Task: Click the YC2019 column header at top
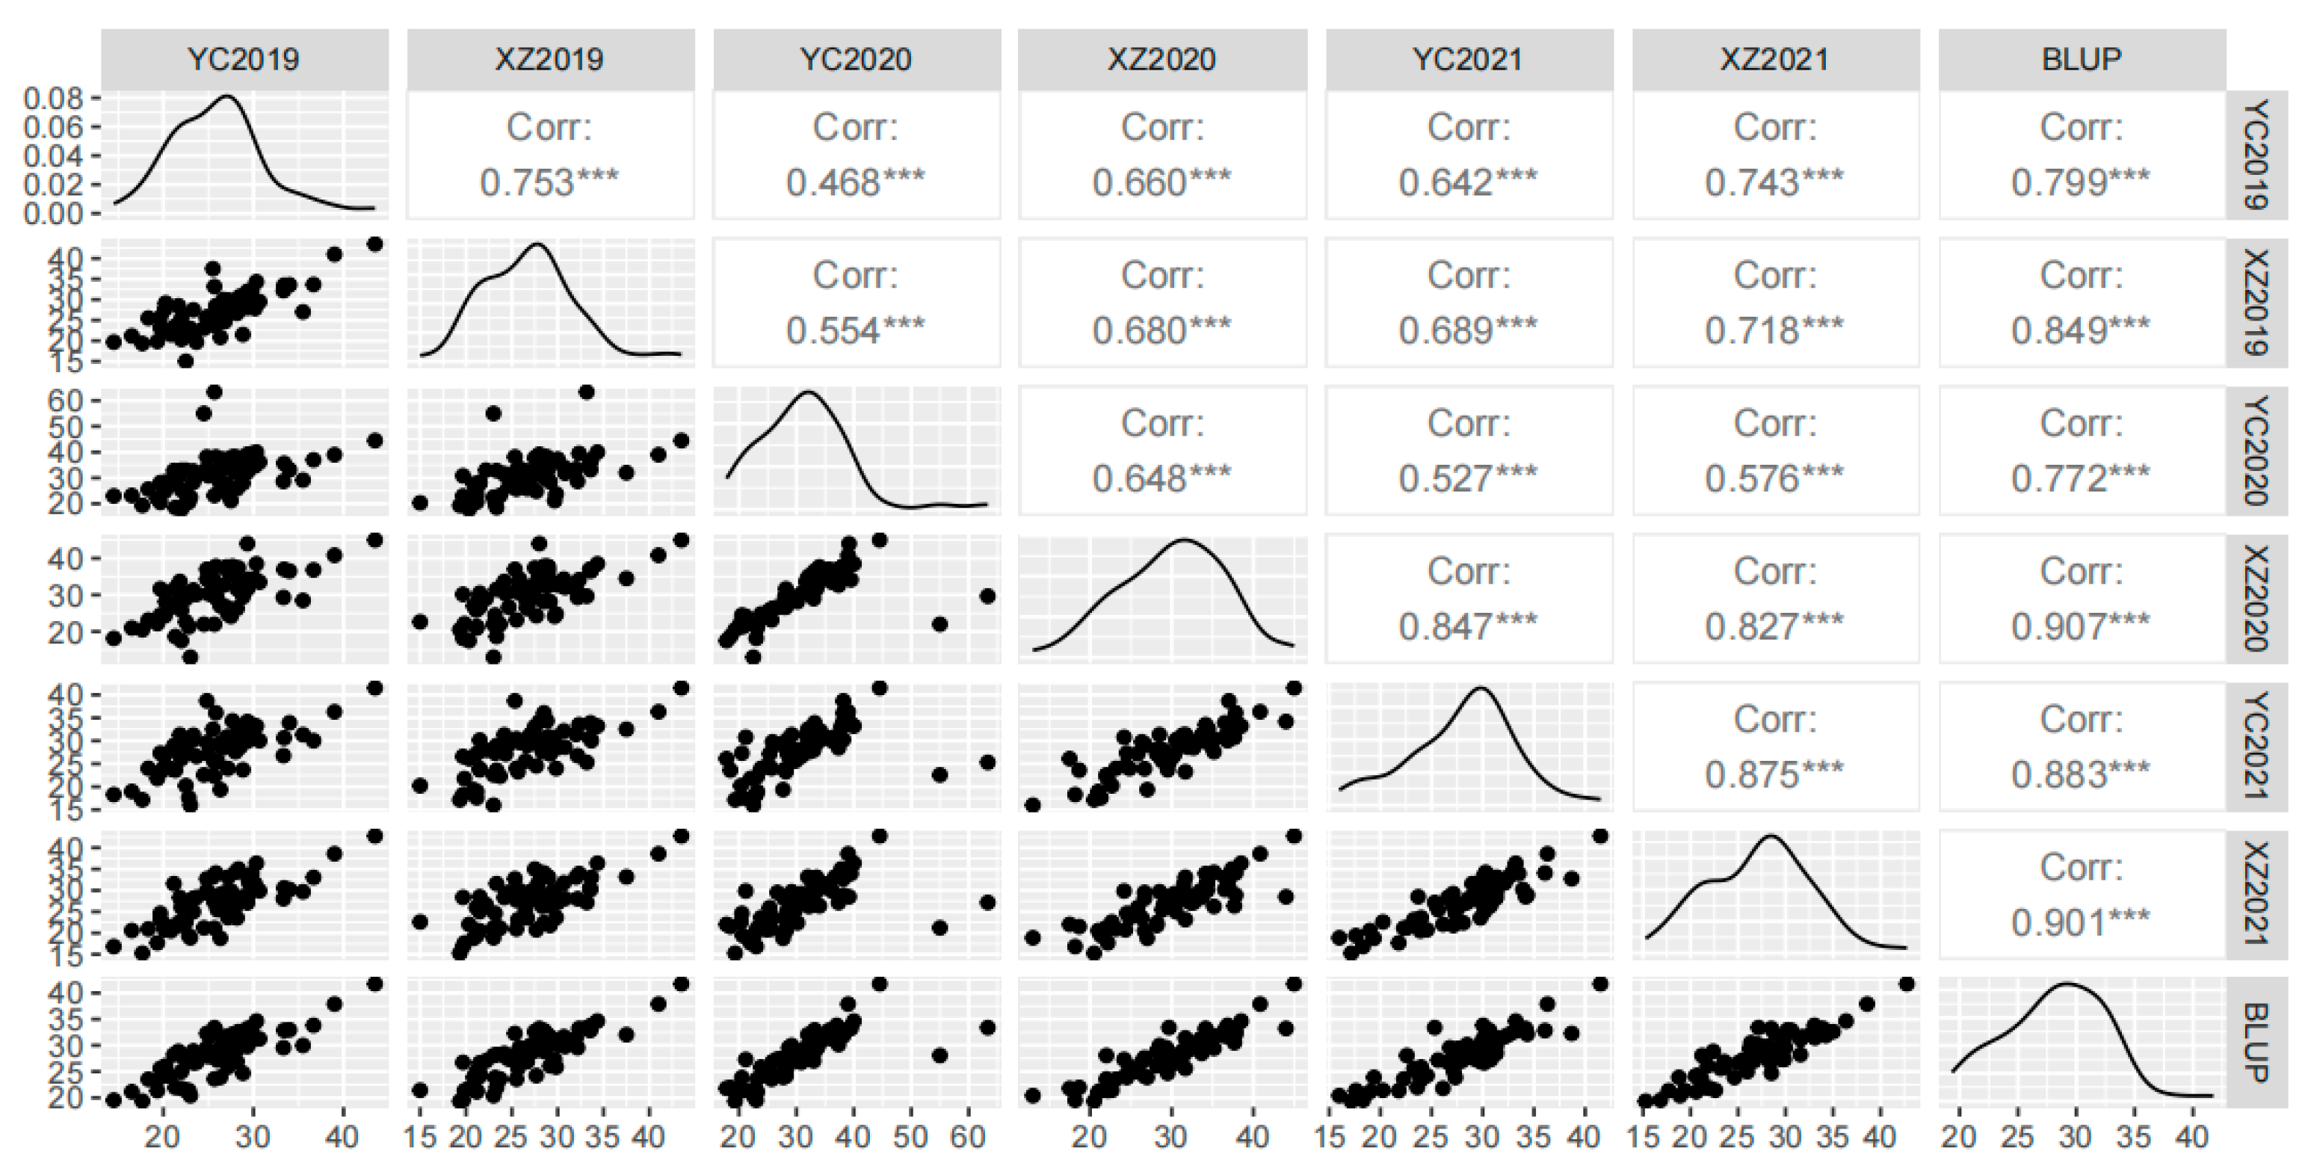[243, 59]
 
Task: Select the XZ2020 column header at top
[1161, 59]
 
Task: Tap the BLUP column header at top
[2082, 59]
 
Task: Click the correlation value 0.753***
[549, 182]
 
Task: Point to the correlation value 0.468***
[855, 182]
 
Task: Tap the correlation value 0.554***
[855, 330]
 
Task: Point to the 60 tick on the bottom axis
[968, 1137]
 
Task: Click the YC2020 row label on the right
[2259, 450]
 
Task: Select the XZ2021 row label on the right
[2259, 893]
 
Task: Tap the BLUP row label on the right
[2259, 1042]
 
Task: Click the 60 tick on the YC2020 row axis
[67, 400]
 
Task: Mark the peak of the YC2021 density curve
[1480, 688]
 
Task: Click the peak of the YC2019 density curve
[226, 96]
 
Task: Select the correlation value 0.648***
[1161, 478]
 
